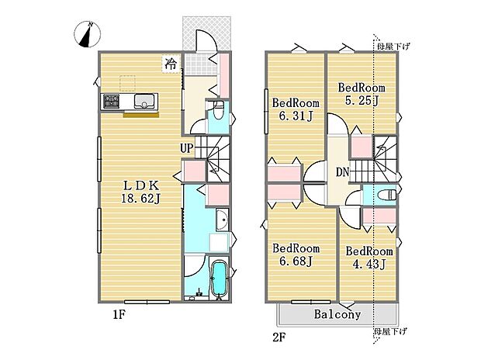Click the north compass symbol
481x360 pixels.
[x=88, y=34]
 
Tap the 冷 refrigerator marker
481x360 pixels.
[x=171, y=64]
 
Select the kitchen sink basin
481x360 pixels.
[x=144, y=101]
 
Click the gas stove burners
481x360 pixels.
[x=111, y=101]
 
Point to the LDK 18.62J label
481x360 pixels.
[x=140, y=192]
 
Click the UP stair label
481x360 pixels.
[x=187, y=148]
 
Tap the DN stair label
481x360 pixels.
[x=343, y=172]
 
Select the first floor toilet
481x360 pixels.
[x=218, y=111]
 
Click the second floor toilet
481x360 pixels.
[x=387, y=195]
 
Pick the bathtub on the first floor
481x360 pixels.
[x=219, y=279]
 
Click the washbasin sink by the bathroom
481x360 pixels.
[x=222, y=220]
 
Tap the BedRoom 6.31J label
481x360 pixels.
[x=296, y=109]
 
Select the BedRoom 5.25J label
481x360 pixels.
[x=362, y=94]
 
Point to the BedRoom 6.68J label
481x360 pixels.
[x=296, y=254]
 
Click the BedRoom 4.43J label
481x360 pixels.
[x=369, y=258]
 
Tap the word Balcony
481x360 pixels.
[x=337, y=314]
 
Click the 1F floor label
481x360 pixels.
[x=119, y=314]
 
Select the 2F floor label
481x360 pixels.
[x=279, y=337]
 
